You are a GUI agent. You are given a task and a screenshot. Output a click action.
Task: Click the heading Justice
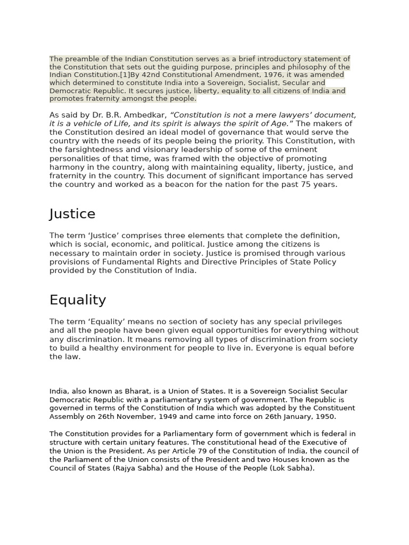click(72, 214)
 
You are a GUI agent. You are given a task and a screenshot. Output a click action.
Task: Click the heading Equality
click(78, 300)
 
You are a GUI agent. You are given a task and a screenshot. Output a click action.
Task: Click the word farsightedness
click(91, 150)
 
